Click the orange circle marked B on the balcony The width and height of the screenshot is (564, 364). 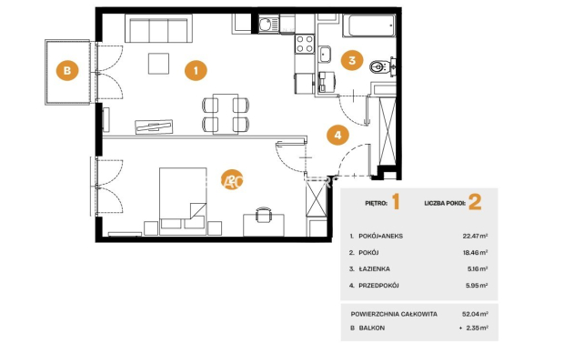click(67, 70)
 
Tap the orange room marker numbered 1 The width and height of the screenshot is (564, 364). click(196, 70)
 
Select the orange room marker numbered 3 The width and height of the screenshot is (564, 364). click(352, 60)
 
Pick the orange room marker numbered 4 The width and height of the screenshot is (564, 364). click(337, 135)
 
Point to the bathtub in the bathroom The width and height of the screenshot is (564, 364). click(369, 25)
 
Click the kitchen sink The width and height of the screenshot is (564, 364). click(268, 25)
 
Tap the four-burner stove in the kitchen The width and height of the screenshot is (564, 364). click(305, 44)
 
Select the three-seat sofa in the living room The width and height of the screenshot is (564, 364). click(158, 29)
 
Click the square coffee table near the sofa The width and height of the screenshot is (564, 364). click(158, 64)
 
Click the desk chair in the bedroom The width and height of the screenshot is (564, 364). click(264, 215)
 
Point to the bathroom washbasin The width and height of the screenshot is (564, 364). click(326, 55)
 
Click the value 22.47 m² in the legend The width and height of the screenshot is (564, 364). click(475, 236)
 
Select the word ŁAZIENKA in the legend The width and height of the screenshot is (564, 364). click(374, 268)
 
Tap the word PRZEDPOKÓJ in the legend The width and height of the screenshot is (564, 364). click(378, 285)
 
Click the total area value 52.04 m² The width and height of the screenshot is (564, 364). click(475, 314)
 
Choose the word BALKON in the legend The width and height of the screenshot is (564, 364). click(372, 328)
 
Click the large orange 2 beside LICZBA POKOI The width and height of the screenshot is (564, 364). click(475, 202)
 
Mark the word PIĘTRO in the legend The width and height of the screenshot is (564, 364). click(376, 203)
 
